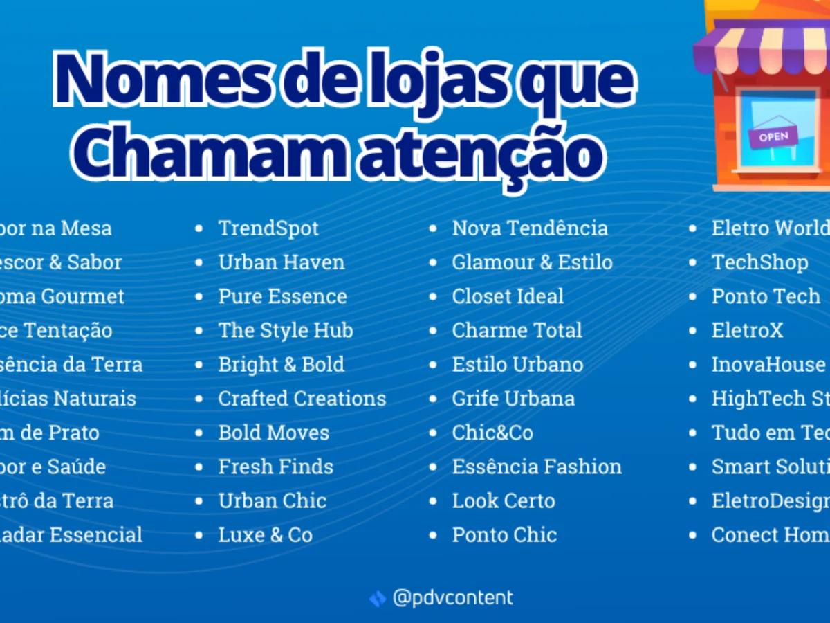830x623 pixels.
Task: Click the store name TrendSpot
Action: tap(268, 228)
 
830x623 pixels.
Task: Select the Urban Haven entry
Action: tap(281, 262)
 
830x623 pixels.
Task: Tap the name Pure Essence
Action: tap(282, 296)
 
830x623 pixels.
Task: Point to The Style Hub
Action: tap(286, 330)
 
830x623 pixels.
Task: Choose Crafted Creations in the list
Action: tap(302, 399)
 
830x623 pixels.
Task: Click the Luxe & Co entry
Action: tap(265, 535)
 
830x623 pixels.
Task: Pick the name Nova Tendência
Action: tap(530, 228)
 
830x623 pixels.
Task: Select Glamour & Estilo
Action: tap(532, 262)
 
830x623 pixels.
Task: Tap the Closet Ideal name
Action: tap(508, 296)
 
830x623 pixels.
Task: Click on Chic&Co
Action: tap(492, 433)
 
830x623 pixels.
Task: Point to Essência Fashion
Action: tap(537, 467)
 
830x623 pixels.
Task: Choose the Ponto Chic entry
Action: tap(504, 535)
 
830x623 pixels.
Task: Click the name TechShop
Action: tap(759, 262)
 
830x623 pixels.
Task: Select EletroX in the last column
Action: tap(747, 330)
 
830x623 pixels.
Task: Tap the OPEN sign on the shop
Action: tap(773, 136)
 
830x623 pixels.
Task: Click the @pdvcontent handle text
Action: tap(452, 597)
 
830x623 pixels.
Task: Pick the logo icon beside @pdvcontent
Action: tap(378, 598)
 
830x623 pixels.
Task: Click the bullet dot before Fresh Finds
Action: tap(200, 467)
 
